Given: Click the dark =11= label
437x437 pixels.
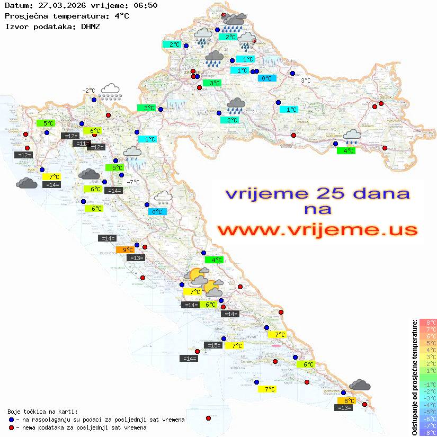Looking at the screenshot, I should [81, 144].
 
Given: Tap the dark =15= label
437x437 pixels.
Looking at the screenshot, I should [213, 345].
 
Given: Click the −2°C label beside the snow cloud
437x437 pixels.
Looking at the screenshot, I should [88, 91].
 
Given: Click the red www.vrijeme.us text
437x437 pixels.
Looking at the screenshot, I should [317, 230].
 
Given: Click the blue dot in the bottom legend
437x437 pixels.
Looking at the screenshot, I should [12, 420].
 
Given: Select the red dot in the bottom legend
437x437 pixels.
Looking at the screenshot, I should [12, 427].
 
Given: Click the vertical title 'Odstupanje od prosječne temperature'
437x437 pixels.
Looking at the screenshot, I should [414, 377].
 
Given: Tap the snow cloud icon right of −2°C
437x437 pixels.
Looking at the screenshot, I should [111, 91].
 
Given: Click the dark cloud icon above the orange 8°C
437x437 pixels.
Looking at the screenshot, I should [360, 385].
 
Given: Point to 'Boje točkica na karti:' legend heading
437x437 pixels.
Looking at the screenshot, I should [42, 411].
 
